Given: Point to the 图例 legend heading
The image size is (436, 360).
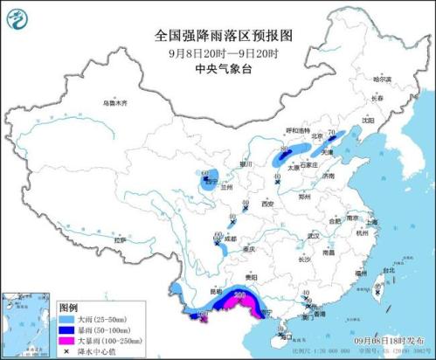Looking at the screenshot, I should click(69, 308).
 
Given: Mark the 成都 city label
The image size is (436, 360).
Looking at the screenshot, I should click(230, 237).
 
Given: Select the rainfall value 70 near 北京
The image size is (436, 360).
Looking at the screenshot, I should click(332, 132).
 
